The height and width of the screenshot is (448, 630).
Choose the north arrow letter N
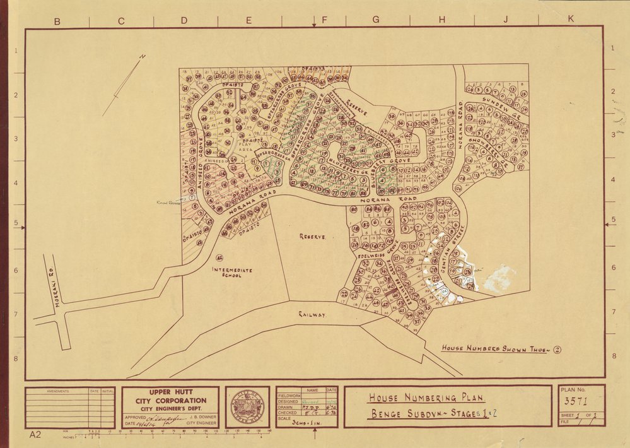143,57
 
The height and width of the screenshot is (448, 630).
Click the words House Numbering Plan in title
426,398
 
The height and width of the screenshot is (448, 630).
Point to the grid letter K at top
571,20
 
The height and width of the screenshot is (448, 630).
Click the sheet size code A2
36,435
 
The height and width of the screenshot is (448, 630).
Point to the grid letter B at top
56,21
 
